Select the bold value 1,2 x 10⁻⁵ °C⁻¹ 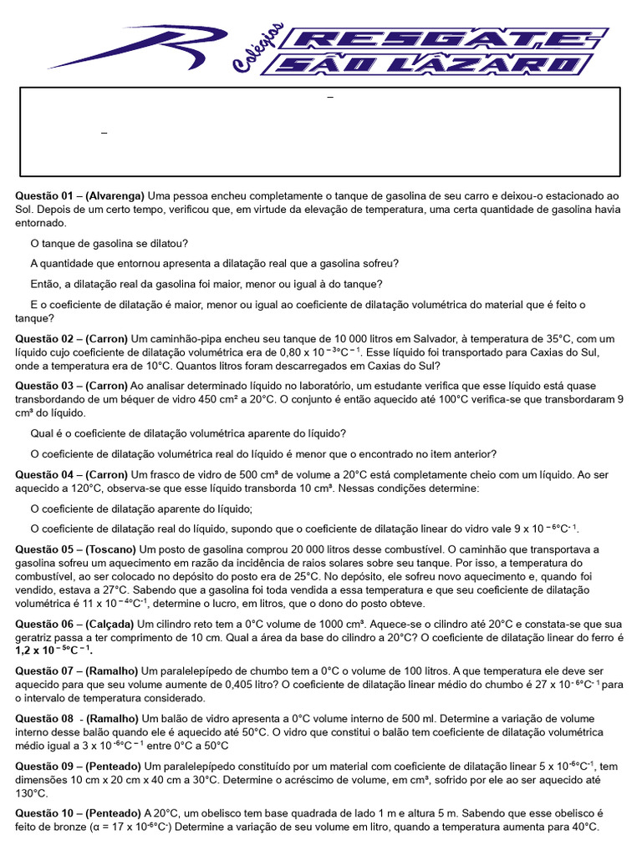point(53,650)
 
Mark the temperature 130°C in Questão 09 point(32,792)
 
